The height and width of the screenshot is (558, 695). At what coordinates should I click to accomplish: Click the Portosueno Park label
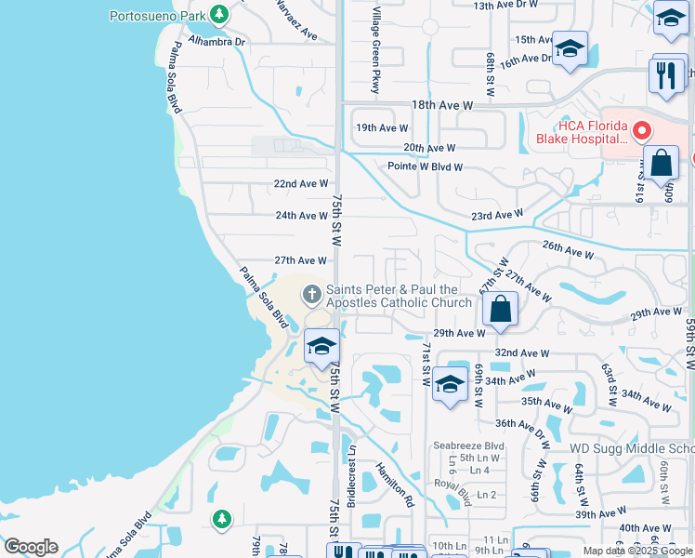(156, 16)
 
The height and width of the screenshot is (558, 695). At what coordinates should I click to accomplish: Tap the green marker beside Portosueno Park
(218, 15)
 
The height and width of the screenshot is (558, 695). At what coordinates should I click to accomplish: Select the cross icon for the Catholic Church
(311, 296)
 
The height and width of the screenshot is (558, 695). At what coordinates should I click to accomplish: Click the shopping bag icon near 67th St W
(500, 311)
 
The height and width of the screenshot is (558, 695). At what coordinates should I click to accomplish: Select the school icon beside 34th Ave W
(450, 385)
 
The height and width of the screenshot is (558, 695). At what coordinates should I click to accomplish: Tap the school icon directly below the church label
(321, 347)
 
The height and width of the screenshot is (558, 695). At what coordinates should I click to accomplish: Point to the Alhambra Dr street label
(216, 42)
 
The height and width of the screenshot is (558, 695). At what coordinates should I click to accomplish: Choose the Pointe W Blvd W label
(425, 167)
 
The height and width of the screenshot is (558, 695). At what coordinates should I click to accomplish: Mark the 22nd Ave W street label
(300, 184)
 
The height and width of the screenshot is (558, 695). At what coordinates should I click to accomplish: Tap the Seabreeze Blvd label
(467, 445)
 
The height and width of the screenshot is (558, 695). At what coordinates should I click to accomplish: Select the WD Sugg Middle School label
(631, 448)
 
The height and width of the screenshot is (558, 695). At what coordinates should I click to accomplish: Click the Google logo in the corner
(31, 547)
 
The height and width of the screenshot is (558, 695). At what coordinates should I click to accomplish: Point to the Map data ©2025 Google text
(636, 551)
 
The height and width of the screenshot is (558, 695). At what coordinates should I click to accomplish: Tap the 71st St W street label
(426, 364)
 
